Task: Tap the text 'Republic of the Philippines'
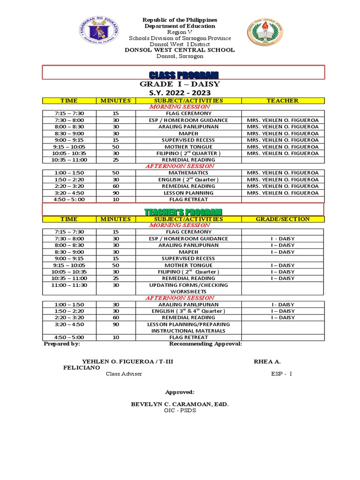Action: coord(180,20)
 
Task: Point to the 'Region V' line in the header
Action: coord(180,32)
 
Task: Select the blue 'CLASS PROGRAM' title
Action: coord(183,75)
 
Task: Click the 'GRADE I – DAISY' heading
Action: coord(180,84)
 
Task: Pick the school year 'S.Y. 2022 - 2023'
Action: coord(180,93)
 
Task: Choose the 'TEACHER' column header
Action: coord(282,100)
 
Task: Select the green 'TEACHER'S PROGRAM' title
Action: coord(183,212)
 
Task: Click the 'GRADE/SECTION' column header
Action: coord(282,219)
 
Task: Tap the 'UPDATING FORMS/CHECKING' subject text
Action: coord(188,285)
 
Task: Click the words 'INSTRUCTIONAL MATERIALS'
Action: coord(188,330)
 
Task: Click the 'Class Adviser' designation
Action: coord(124,374)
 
